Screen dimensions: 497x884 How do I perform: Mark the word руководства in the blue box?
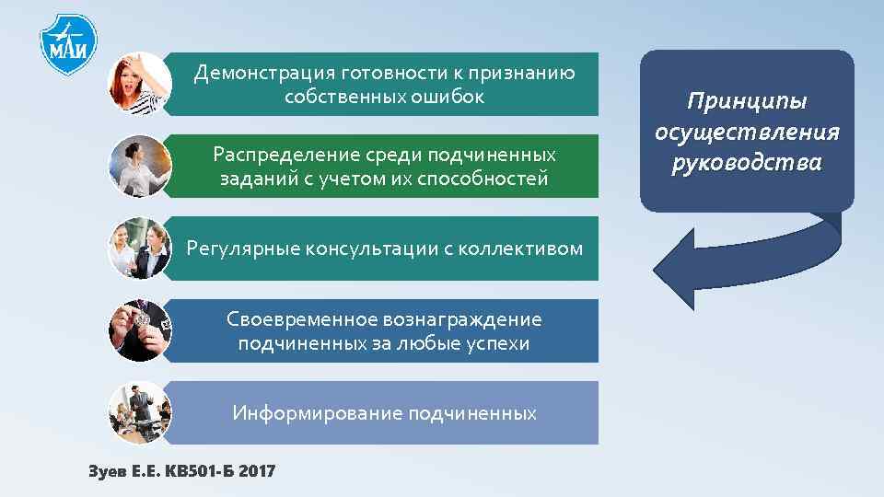tap(747, 163)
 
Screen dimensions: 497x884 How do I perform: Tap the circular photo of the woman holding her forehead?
tap(139, 83)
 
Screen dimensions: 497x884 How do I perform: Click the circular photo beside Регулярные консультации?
tap(139, 248)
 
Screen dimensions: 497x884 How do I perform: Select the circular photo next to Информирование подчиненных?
tap(139, 412)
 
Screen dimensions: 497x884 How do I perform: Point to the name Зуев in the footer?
tap(104, 471)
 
